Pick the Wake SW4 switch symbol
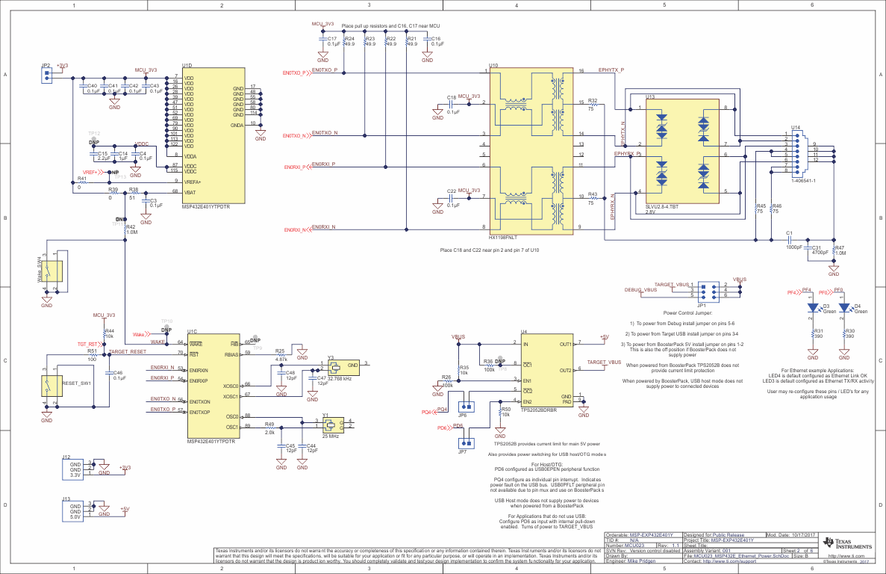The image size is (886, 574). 51,274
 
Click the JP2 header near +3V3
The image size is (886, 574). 47,75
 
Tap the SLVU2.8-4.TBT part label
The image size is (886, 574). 661,206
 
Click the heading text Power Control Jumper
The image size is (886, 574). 687,312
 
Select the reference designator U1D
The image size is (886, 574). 187,67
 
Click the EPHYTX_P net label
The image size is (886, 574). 611,70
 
